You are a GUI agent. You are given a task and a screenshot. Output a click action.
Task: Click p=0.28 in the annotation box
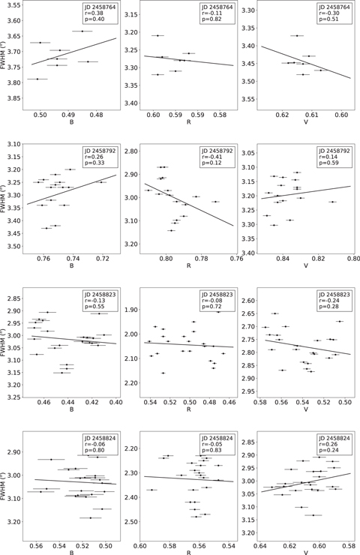point(331,312)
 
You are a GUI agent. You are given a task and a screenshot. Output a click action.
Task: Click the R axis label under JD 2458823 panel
point(188,410)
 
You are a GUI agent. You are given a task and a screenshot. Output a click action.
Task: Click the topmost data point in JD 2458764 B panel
point(81,31)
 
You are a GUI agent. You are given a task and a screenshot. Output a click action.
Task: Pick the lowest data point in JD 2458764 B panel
point(37,79)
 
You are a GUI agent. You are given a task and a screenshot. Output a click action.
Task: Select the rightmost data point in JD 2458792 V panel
point(331,202)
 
